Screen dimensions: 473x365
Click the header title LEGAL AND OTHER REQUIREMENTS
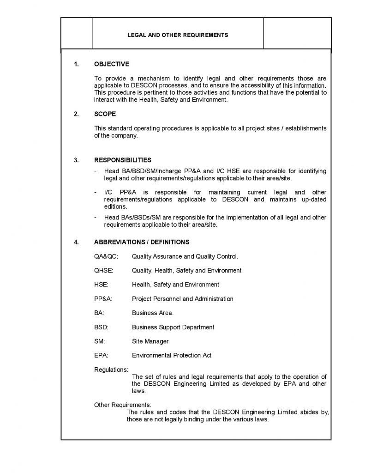tap(178, 35)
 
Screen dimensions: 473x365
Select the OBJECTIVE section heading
tap(112, 64)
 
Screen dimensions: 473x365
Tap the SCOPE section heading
tap(105, 114)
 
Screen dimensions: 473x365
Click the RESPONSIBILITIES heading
tap(123, 160)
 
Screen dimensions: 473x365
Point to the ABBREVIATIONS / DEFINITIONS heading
tap(142, 242)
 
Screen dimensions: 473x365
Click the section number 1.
tap(77, 64)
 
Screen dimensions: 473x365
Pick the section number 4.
tap(77, 242)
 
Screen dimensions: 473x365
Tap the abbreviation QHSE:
tap(104, 270)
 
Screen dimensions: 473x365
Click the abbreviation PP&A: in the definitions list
tap(103, 299)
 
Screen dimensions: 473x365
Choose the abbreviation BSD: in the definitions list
tap(101, 327)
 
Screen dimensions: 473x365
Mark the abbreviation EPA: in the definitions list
tap(101, 356)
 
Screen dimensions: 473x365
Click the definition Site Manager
tap(150, 341)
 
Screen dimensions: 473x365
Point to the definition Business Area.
tap(153, 313)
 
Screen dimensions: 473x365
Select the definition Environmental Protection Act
tap(172, 356)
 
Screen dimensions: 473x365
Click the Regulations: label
tap(111, 370)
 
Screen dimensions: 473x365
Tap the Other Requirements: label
tap(122, 405)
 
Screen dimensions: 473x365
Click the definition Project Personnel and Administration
tap(183, 299)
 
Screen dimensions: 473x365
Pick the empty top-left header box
tap(77, 33)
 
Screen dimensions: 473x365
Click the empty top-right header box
tap(297, 33)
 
